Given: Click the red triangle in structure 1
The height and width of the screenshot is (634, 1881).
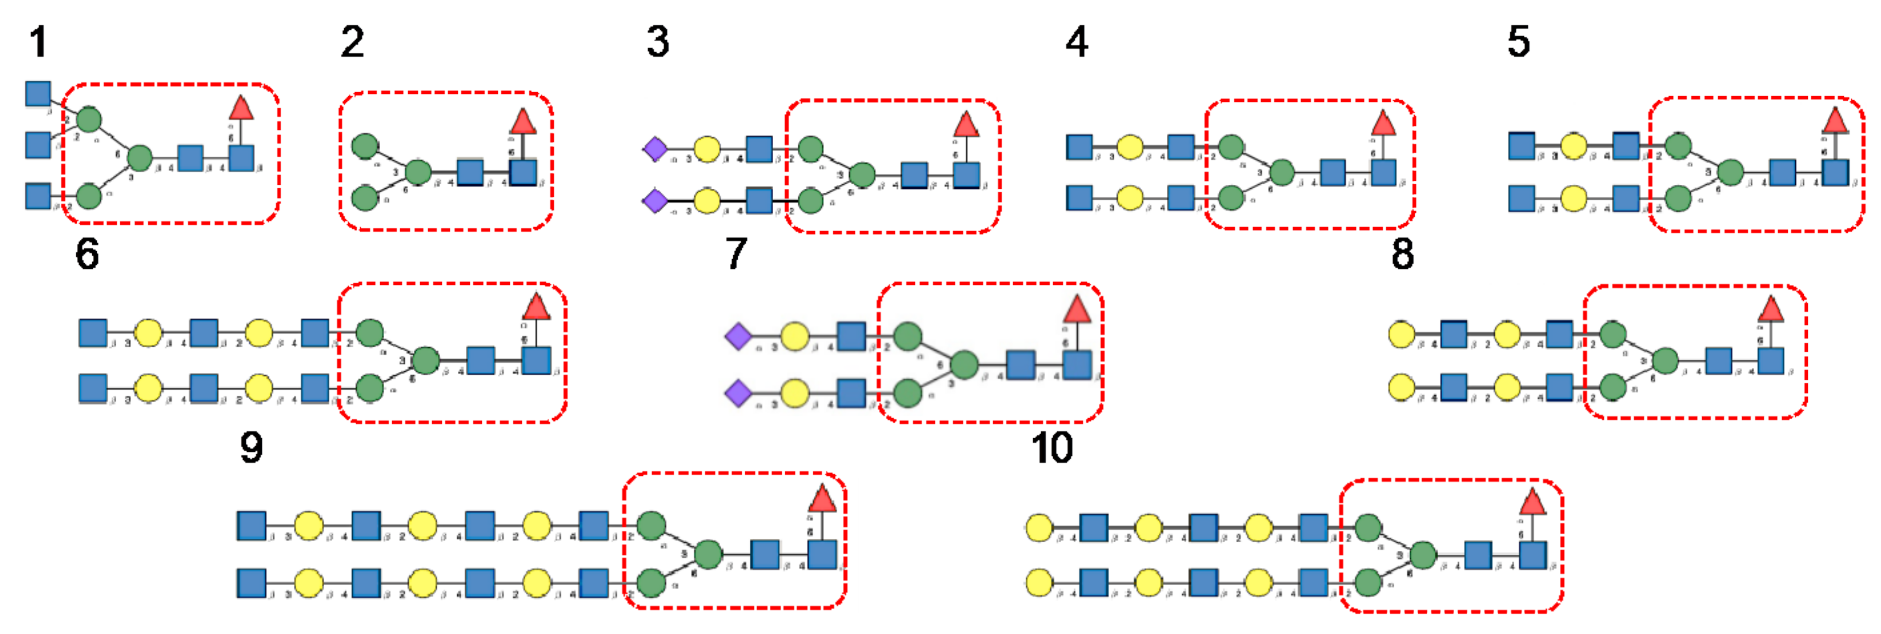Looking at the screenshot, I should point(241,108).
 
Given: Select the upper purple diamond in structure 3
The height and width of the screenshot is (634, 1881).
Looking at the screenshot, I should point(655,149).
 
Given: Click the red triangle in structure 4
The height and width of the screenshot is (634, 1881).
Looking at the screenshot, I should point(1383,123).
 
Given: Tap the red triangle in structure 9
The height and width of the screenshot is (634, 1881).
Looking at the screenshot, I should point(822,499).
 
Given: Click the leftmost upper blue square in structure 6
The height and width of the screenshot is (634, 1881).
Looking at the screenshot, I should point(93,333).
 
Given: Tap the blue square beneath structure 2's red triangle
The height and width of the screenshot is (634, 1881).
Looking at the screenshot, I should point(523,173).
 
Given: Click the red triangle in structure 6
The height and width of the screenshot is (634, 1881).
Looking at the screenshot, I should point(537,307).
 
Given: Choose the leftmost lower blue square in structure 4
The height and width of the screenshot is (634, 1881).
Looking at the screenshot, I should point(1079,198).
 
